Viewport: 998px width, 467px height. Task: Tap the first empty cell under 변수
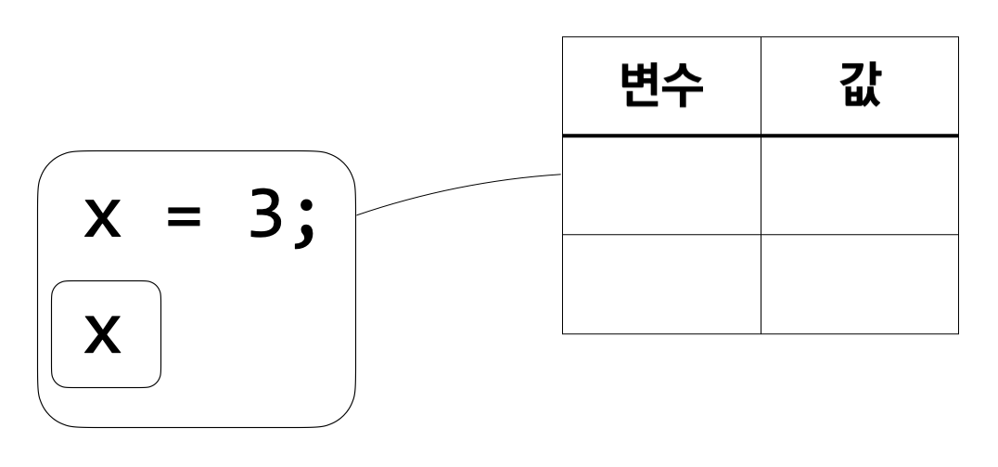[661, 186]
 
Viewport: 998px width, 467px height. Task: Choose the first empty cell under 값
[859, 186]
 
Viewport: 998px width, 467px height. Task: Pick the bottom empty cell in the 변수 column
[661, 284]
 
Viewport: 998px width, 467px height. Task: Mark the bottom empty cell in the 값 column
[859, 284]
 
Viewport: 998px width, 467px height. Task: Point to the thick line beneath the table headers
[760, 136]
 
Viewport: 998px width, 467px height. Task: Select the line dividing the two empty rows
[760, 235]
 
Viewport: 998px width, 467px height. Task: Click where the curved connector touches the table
[562, 174]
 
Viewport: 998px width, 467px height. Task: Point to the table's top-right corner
[957, 37]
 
